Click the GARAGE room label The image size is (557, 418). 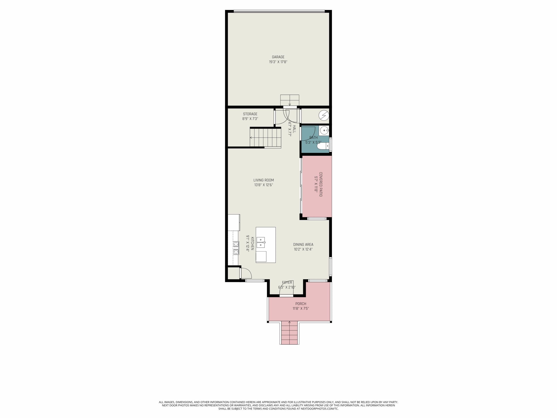278,57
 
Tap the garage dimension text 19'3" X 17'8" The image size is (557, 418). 278,62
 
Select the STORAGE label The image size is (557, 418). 250,114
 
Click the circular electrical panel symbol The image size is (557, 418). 324,115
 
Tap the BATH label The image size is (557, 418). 314,138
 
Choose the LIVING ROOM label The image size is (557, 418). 264,180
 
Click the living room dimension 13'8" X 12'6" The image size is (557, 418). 264,185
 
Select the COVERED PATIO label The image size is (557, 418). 320,184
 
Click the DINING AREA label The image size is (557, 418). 303,244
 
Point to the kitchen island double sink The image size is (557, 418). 261,242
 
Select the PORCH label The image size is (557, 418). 301,304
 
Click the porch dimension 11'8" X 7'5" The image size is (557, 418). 301,308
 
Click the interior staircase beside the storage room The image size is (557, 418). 265,138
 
